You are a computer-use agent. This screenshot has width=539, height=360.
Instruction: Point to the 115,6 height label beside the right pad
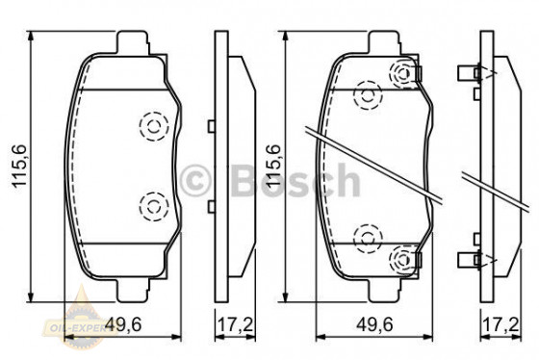tap(273, 165)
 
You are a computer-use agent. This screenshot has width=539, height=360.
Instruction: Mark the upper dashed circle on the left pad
tap(152, 126)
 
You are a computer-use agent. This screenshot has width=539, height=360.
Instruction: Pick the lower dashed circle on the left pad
tap(152, 203)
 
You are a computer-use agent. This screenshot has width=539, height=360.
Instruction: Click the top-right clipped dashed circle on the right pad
tap(403, 72)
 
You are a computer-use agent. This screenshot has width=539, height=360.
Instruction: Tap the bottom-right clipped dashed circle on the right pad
tap(403, 257)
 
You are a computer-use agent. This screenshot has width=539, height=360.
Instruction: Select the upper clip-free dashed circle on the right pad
tap(366, 94)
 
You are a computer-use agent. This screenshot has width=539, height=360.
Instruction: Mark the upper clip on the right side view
tap(471, 72)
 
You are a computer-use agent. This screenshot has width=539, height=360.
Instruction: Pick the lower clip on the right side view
tap(471, 257)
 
